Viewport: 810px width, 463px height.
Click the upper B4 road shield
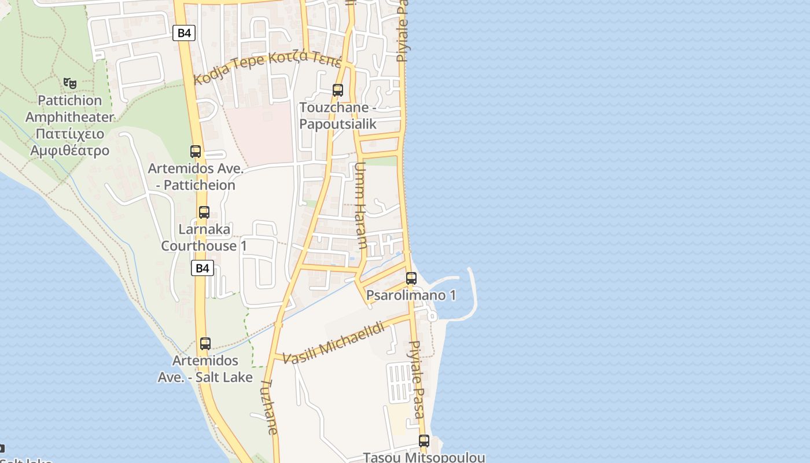click(184, 33)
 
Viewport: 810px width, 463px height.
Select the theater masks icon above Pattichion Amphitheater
click(70, 83)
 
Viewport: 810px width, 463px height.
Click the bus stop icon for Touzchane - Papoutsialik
click(338, 90)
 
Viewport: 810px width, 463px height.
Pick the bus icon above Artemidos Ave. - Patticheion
click(196, 152)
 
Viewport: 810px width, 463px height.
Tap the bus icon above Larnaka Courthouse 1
click(204, 212)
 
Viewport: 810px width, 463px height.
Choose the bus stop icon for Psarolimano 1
click(411, 278)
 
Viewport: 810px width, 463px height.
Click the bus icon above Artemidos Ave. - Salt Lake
click(205, 344)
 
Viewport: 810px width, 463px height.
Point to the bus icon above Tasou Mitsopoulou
click(424, 441)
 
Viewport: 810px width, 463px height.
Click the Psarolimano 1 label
click(411, 296)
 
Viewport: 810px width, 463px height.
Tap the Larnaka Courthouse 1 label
click(204, 237)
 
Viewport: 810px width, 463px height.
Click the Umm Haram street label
click(360, 205)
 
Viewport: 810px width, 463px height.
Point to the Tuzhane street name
click(270, 406)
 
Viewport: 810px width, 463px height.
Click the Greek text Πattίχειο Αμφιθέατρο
click(70, 142)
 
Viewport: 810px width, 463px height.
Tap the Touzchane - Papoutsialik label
click(338, 116)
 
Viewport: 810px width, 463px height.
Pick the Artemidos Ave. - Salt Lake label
click(205, 369)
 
